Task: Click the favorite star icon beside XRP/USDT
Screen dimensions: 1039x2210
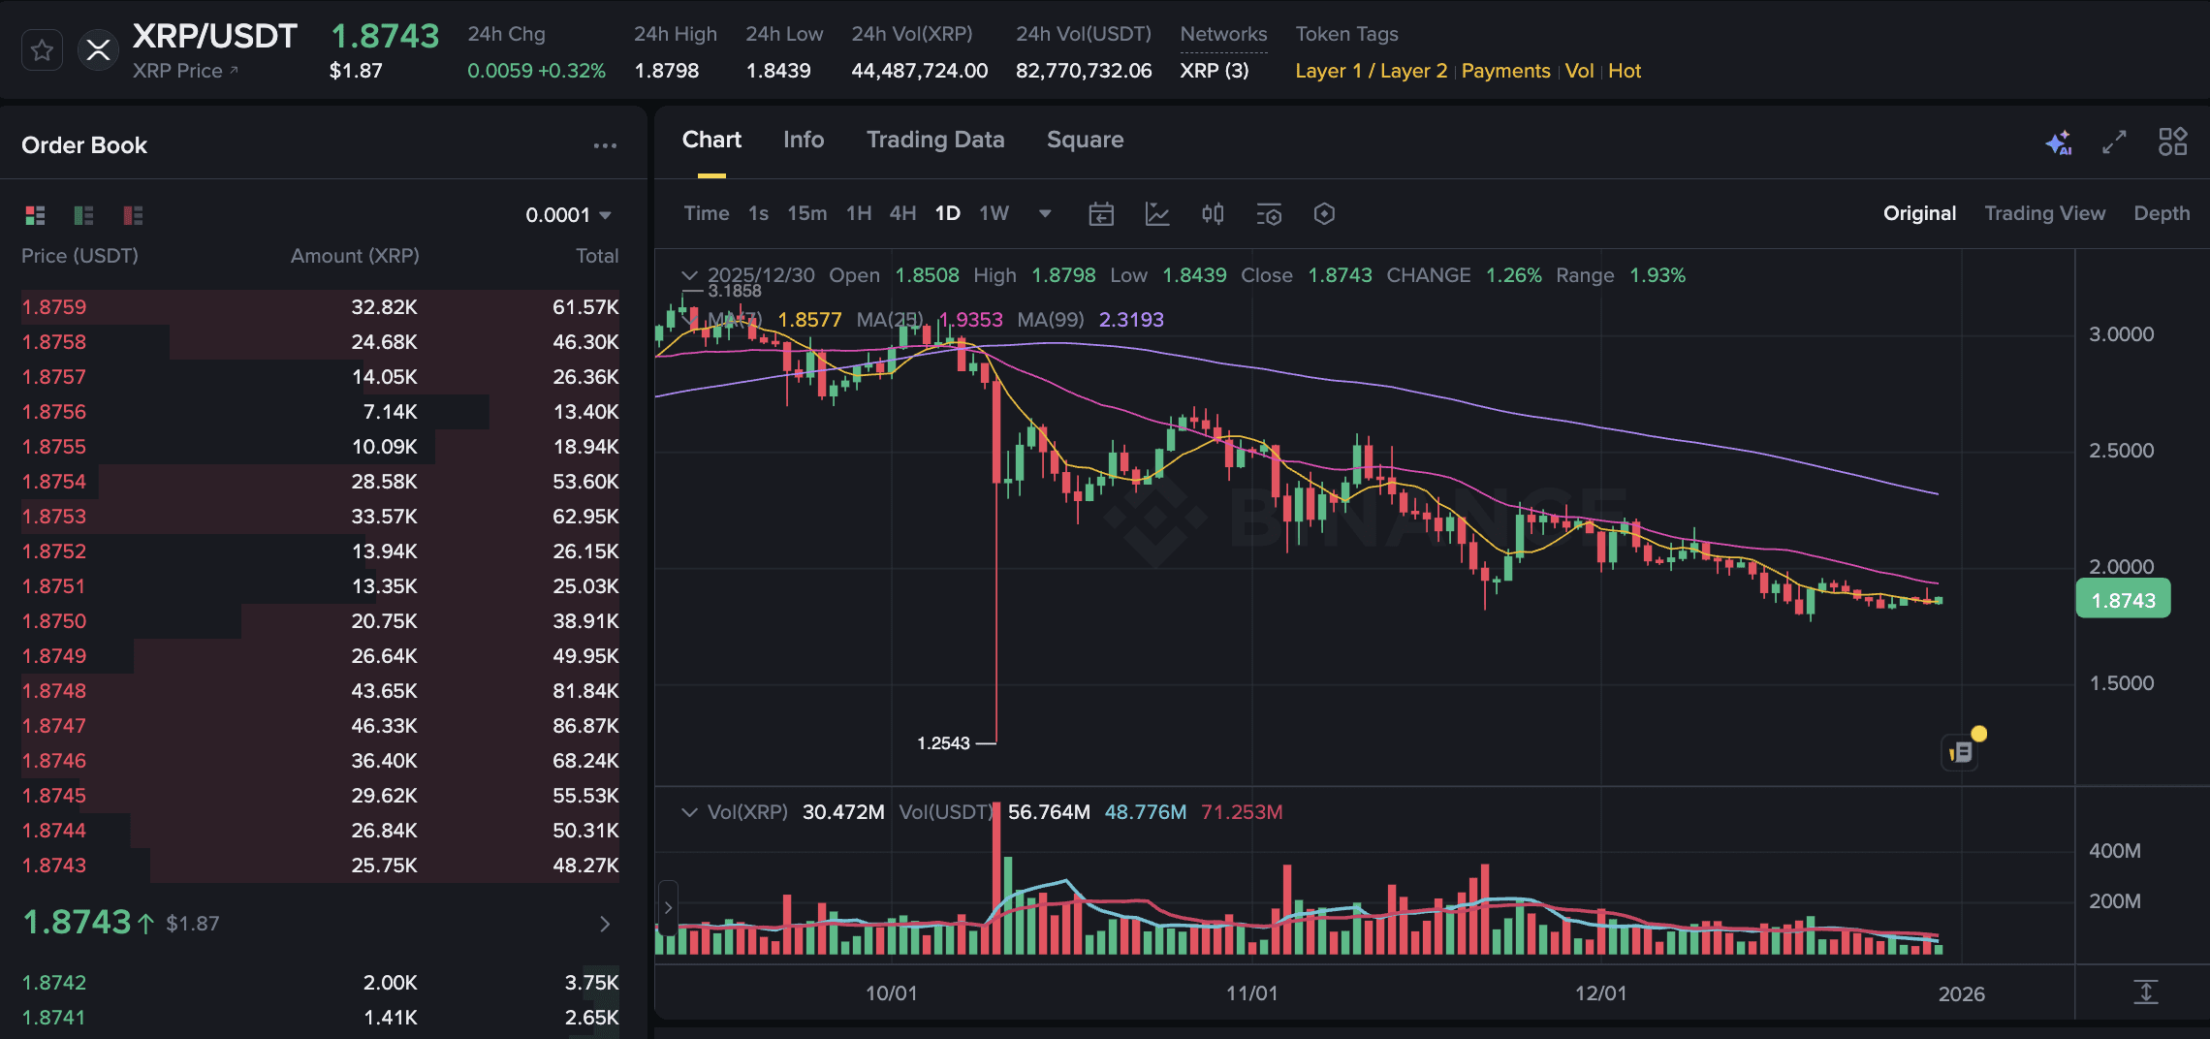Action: pos(42,50)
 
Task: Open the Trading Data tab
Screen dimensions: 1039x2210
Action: pos(934,140)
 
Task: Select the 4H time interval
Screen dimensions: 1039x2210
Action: pos(902,213)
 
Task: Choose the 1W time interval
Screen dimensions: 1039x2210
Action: pos(994,213)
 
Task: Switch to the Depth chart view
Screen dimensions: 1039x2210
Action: pos(2161,213)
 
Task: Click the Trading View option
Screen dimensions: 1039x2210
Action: pos(2044,213)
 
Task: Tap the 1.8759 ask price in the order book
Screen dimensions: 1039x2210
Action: pos(54,307)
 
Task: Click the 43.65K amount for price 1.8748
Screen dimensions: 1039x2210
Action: pos(384,691)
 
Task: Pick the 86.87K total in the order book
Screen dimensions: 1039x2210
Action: pos(585,726)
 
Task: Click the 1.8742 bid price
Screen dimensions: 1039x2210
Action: pos(54,983)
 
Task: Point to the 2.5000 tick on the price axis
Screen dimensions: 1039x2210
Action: pos(2121,451)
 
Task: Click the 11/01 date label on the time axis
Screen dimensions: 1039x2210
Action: pos(1251,993)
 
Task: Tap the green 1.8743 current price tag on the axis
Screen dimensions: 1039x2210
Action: pos(2123,600)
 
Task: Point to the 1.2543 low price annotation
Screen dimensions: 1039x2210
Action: pos(943,743)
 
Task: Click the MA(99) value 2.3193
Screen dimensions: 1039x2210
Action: pos(1131,320)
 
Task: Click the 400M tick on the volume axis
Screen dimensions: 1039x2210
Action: pos(2114,851)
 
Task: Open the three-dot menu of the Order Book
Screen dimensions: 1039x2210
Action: pos(605,145)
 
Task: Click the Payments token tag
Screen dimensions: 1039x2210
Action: pos(1505,71)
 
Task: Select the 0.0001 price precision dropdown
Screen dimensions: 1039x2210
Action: pos(568,215)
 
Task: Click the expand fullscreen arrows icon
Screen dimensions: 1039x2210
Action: pos(2114,142)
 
